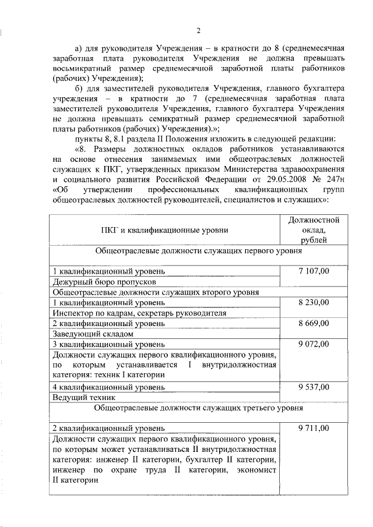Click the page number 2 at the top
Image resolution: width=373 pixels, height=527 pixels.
tap(198, 31)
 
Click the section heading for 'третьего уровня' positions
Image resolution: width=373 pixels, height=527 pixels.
tap(198, 408)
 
